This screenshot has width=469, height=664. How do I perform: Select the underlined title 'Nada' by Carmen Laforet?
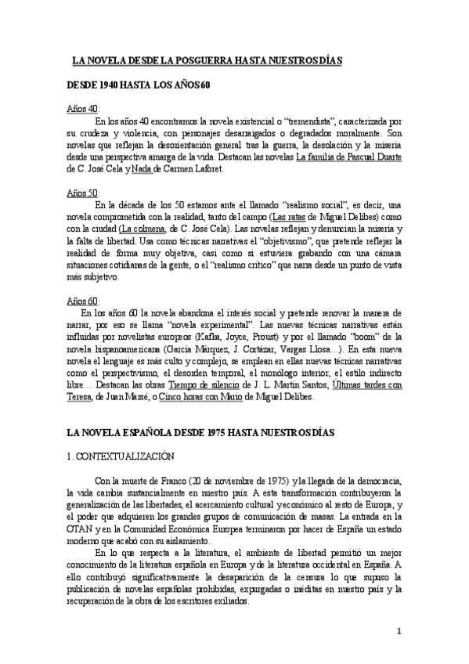pyautogui.click(x=162, y=168)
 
